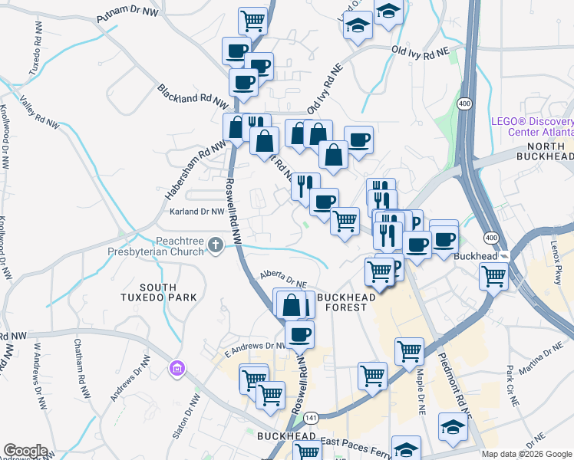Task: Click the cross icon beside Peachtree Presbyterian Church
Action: point(216,245)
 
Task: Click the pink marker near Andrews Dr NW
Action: point(177,370)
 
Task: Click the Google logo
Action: point(25,451)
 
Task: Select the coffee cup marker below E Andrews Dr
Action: point(299,334)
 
